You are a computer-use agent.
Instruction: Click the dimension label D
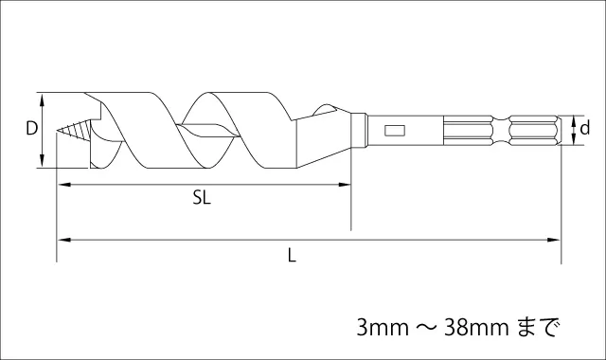tap(31, 128)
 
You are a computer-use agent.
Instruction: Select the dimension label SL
tap(202, 198)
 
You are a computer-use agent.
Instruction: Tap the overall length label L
tap(292, 255)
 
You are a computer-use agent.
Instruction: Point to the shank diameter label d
tap(585, 127)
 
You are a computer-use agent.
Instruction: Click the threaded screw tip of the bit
tap(74, 130)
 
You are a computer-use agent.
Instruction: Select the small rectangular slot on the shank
tap(395, 131)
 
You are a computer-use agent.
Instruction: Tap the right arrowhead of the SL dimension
tap(345, 185)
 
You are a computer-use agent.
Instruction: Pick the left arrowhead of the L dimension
tap(64, 240)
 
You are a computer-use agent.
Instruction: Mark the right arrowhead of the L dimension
tap(553, 240)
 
